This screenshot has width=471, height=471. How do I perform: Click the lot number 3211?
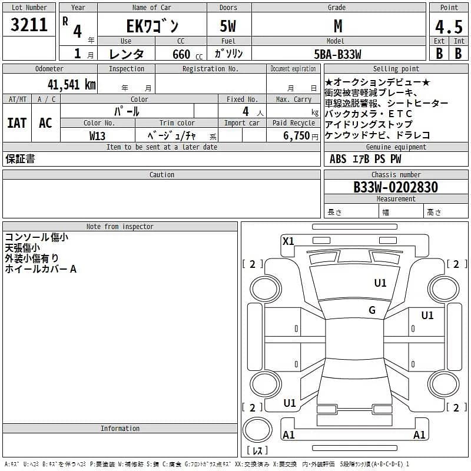(29, 25)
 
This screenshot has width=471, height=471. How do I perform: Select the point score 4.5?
(449, 26)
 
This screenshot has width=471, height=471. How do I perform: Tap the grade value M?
(338, 25)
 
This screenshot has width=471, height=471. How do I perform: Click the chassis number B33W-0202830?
(396, 187)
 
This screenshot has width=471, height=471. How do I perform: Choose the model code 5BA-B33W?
(338, 54)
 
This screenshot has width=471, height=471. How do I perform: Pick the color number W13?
(97, 135)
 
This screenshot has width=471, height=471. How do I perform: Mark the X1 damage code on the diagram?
(288, 241)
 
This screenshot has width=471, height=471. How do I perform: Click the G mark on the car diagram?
(372, 310)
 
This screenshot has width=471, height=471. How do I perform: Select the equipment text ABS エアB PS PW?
(365, 159)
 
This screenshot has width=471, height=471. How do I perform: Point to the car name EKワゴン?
(152, 26)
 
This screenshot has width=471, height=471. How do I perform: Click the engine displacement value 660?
(181, 54)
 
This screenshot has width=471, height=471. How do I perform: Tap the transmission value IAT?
(16, 122)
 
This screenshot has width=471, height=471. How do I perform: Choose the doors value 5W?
(228, 26)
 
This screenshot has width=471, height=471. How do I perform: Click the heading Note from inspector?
(120, 226)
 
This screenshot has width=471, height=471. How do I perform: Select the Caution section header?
(161, 175)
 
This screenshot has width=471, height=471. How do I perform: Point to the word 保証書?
(20, 159)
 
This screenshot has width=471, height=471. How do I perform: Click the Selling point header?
(396, 69)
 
